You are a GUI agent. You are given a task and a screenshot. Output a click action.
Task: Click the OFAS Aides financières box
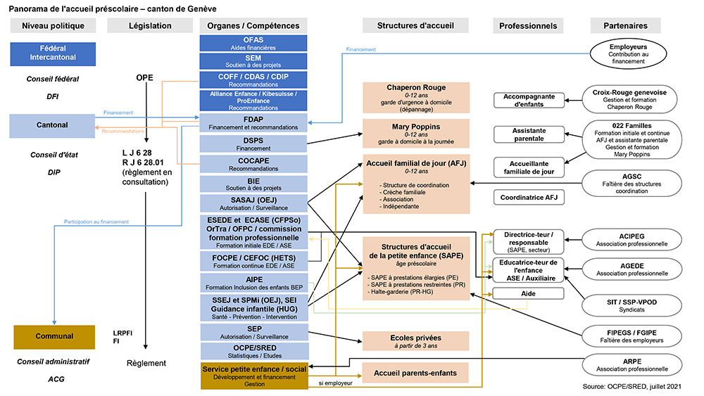coord(253,43)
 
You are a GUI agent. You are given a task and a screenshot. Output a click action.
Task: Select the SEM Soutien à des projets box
coord(253,61)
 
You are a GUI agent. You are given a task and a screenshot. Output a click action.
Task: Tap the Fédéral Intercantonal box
coord(53,52)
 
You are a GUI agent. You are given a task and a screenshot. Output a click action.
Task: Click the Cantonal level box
coord(52,125)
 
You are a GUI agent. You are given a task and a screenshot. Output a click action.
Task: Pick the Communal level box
coord(54,337)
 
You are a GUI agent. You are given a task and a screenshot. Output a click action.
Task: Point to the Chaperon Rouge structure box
coord(416,98)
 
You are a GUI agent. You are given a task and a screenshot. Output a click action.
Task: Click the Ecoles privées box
coord(415,341)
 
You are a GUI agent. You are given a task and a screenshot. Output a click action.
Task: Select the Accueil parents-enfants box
coord(415,373)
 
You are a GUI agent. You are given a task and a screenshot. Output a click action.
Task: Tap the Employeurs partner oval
coord(629,53)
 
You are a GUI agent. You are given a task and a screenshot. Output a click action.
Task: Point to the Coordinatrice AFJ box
coord(529,198)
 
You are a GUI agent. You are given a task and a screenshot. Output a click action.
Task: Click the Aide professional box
coord(529,293)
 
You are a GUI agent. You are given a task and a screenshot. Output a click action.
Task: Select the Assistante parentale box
coord(529,134)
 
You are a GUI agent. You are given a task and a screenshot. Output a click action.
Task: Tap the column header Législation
coord(151,26)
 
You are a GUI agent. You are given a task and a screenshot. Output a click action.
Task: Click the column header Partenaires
coord(626,26)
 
